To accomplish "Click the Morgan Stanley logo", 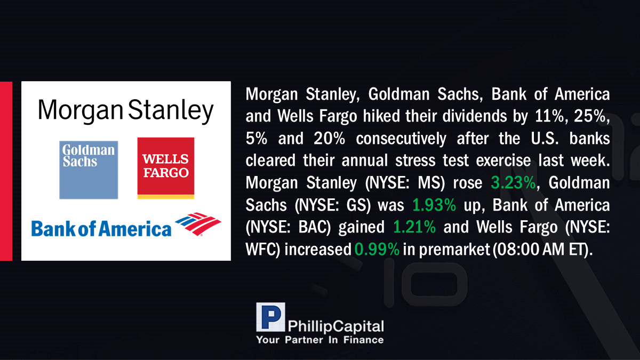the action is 126,111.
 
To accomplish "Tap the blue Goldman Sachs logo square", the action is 89,170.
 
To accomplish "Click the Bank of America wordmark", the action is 101,229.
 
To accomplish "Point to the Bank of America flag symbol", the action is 198,223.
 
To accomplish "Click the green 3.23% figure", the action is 513,182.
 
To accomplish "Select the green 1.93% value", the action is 434,205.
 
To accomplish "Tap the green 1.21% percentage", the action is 414,227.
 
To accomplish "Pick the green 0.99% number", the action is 377,249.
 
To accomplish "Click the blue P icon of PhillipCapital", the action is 270,317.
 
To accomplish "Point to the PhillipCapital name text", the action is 335,326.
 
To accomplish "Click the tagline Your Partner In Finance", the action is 320,340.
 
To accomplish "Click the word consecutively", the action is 401,138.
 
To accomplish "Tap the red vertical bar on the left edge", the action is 6,171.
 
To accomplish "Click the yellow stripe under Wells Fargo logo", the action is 166,197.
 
